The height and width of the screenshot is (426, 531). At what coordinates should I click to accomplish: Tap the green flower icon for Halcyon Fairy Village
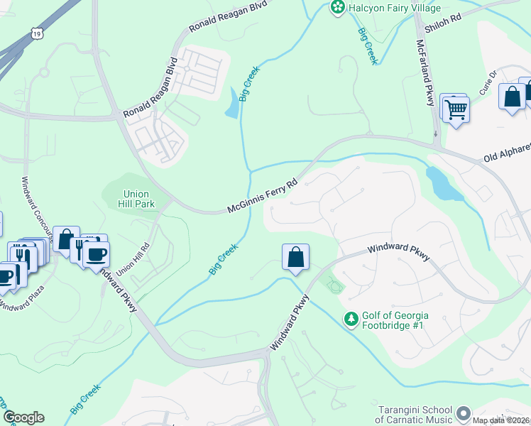click(x=338, y=7)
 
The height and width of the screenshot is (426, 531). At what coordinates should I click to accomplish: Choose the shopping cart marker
click(x=456, y=109)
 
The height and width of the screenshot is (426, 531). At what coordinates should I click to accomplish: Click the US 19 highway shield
click(x=36, y=33)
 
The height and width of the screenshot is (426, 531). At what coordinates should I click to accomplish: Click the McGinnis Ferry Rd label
click(x=261, y=196)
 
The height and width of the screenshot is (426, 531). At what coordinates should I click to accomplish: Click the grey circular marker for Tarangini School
click(x=464, y=413)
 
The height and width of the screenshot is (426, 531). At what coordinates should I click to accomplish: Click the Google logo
click(x=23, y=417)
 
